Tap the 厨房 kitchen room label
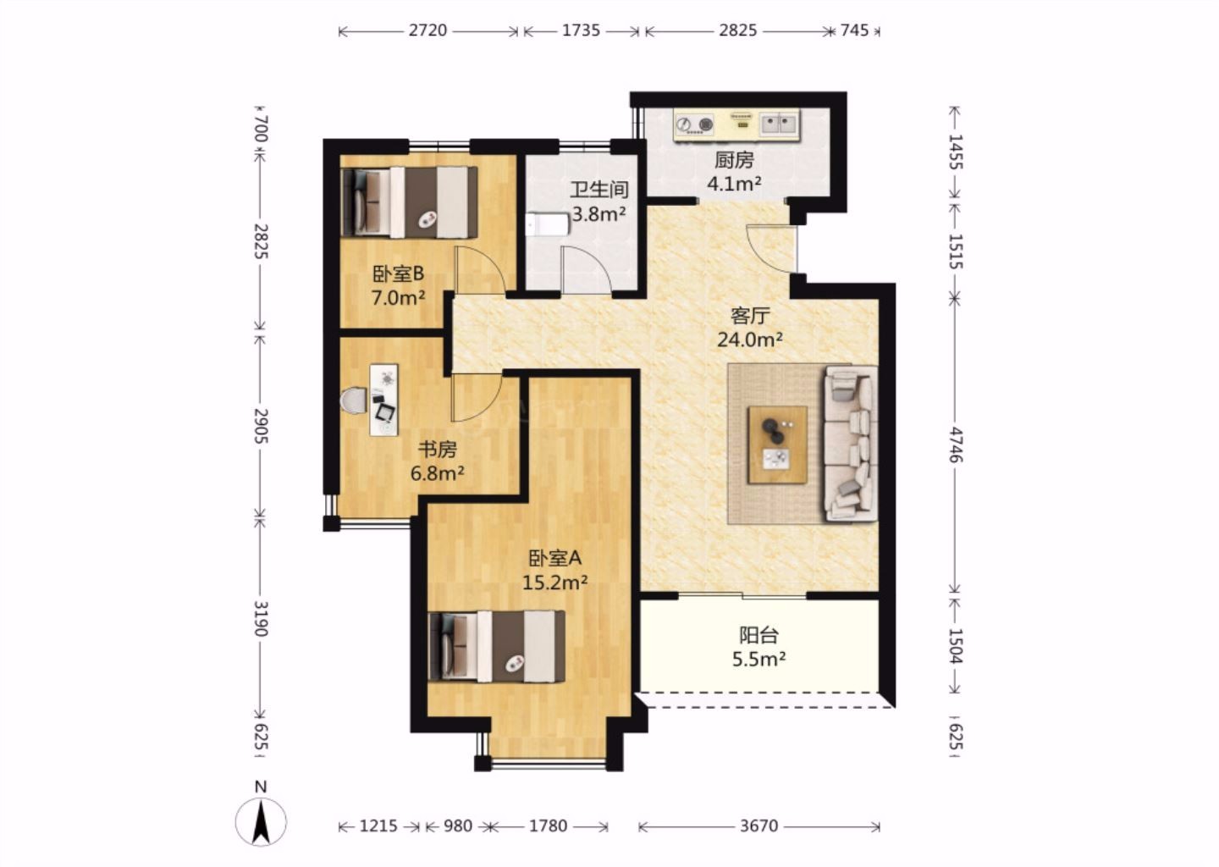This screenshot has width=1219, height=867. pos(734,160)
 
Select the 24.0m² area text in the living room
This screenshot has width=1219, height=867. pos(750,340)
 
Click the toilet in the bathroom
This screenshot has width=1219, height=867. pos(547,224)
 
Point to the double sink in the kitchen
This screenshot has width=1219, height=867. pos(780,124)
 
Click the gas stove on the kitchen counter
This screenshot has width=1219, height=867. pos(695,124)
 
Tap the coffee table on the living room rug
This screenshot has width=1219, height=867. pos(778,445)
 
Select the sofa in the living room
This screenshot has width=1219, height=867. pos(851,444)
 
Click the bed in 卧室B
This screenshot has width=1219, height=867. pos(409,202)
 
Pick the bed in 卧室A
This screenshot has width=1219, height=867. pos(496,646)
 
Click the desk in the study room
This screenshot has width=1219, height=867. pos(383,400)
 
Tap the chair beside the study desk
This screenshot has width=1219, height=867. pos(354,400)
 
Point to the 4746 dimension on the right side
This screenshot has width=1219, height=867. pos(955,445)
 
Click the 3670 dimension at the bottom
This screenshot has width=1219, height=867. pos(758,826)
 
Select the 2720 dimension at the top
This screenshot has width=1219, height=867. pos(427,30)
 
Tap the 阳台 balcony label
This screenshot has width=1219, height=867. pos(758,635)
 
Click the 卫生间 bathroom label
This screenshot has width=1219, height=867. pos(599,190)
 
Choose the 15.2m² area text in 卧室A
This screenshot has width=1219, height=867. pos(554,583)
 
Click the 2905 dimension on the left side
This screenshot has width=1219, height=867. pos(261,426)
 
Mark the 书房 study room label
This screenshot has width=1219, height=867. pos(437,450)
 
